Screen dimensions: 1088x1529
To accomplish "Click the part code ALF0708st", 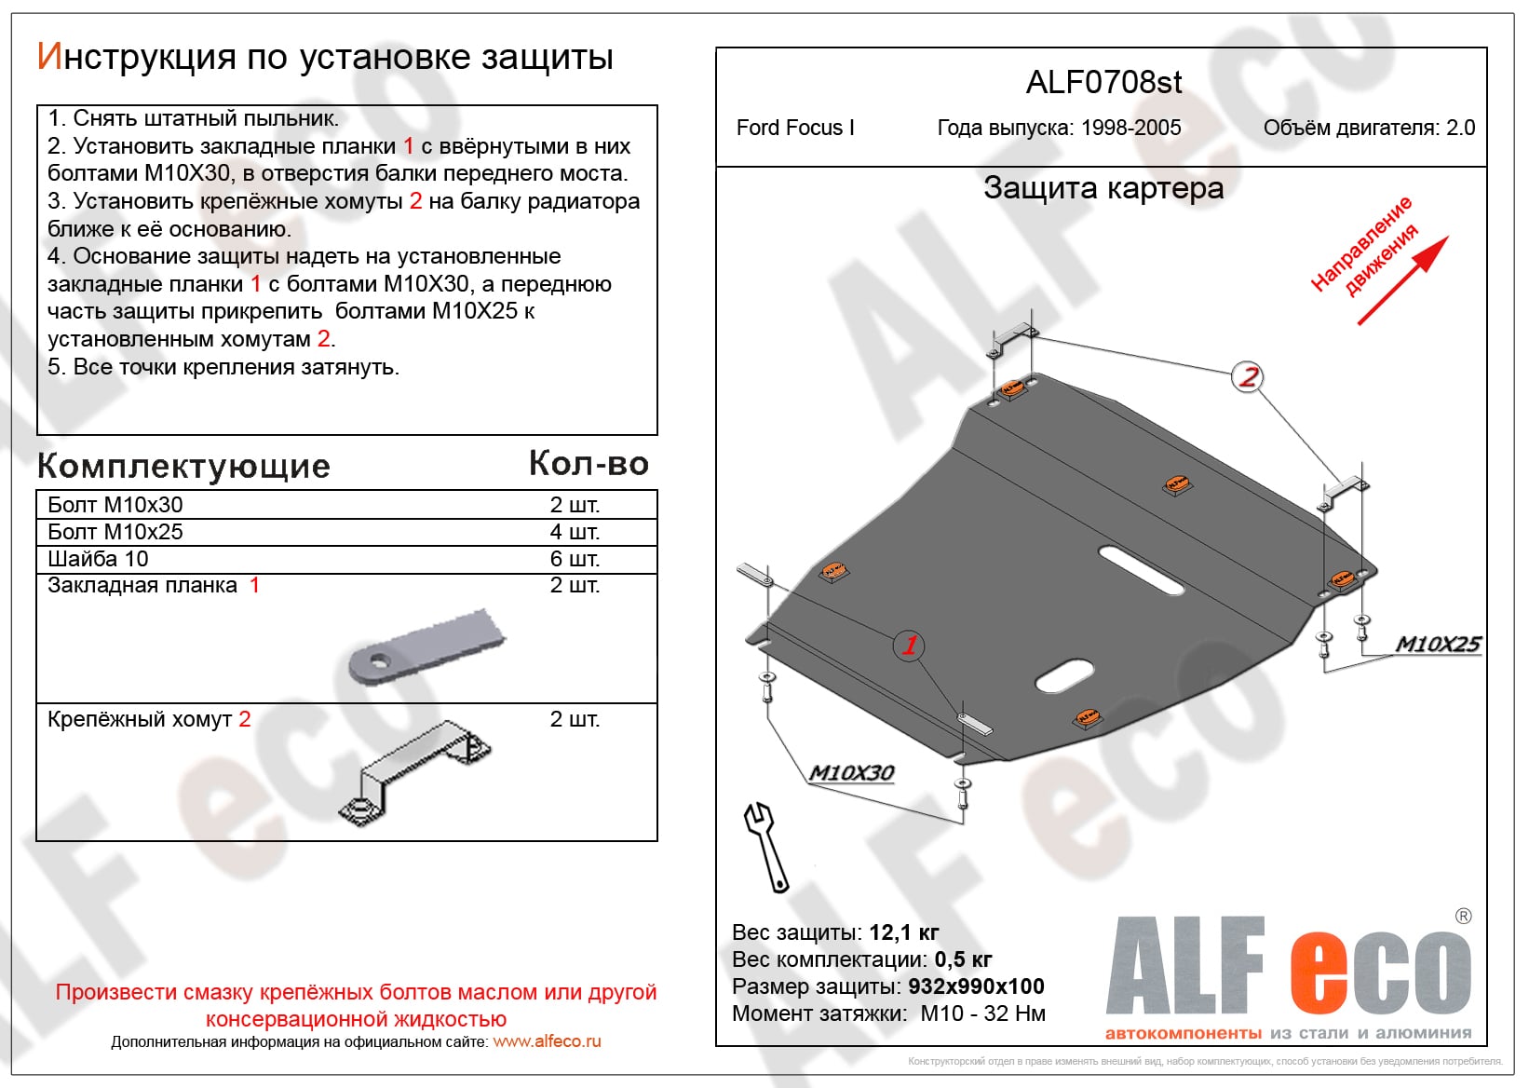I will click(x=1103, y=83).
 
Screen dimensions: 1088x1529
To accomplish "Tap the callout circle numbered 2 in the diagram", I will click(x=1247, y=377).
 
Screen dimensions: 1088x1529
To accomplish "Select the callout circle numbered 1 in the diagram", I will click(x=909, y=645).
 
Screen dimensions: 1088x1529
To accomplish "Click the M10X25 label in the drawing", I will click(x=1437, y=644).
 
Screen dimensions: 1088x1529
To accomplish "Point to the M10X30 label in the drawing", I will click(x=851, y=772).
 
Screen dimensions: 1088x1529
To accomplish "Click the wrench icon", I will click(x=765, y=845).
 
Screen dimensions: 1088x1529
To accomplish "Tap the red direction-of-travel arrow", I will click(x=1402, y=280).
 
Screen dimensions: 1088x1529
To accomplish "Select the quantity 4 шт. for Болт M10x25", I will click(x=574, y=532).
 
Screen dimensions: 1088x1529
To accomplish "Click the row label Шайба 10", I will click(x=98, y=559).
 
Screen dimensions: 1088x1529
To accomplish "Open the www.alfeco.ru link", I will click(x=547, y=1041).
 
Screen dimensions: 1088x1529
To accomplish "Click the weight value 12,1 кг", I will click(x=903, y=932).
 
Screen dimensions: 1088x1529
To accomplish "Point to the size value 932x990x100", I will click(x=975, y=986).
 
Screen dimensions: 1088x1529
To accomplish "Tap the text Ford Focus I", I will click(x=794, y=128).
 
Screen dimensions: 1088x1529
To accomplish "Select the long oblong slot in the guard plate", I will click(x=1141, y=570).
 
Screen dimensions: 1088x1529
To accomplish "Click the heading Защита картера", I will click(x=1103, y=188).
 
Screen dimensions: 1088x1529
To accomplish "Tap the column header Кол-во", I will click(x=589, y=463).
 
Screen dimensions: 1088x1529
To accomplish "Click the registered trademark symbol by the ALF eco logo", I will click(x=1463, y=916).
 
